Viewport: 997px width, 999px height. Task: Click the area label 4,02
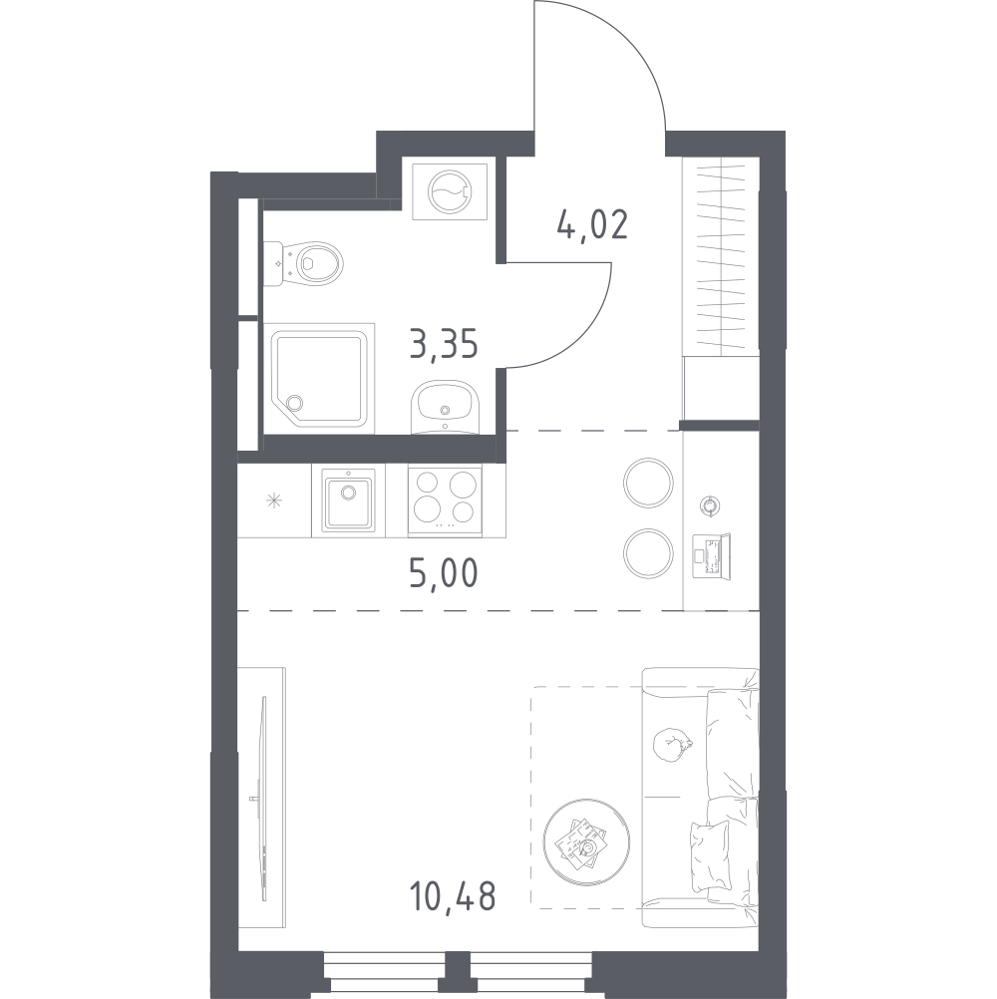point(592,223)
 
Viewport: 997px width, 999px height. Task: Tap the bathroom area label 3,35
point(444,345)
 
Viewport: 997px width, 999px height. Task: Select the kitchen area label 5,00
point(444,572)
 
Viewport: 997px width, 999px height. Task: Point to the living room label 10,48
point(453,895)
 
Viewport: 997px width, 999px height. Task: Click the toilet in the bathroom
point(303,262)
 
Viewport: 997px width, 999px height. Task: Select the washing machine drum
point(450,191)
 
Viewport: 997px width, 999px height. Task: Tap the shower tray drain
point(294,403)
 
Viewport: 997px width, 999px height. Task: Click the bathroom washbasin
point(446,407)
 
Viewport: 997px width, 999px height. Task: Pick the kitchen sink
point(348,499)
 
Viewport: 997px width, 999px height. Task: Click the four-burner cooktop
point(445,499)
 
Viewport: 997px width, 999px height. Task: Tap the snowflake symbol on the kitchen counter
point(274,500)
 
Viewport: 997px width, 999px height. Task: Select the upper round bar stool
point(648,483)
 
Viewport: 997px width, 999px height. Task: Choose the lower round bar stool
point(648,553)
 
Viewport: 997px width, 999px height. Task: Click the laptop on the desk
point(712,557)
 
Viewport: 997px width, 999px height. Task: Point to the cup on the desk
point(709,505)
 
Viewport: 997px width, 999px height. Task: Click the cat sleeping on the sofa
point(672,746)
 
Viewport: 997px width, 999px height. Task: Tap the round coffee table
point(586,842)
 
